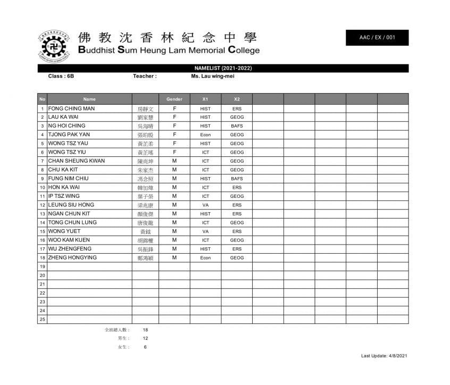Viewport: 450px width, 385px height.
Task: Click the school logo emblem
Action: tap(53, 45)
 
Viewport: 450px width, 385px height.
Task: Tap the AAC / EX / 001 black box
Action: tap(377, 38)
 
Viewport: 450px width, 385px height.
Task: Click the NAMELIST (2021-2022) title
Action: tap(223, 69)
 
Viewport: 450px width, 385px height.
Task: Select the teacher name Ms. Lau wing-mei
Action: tap(213, 76)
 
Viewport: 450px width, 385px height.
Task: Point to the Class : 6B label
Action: tap(61, 76)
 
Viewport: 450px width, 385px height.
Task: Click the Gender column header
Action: tap(174, 99)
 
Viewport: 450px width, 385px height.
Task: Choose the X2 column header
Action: tap(237, 99)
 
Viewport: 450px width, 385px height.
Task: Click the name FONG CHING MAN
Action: tap(71, 108)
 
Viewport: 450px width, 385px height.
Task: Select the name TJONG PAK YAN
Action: tap(69, 135)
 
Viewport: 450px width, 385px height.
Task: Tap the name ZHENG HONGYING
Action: tap(72, 257)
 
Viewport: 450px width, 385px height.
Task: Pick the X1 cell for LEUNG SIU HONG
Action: tap(205, 205)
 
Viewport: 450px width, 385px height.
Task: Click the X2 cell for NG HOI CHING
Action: tap(237, 126)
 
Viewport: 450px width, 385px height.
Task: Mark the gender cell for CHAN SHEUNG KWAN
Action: tap(174, 161)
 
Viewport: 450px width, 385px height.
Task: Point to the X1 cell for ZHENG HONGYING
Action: tap(205, 258)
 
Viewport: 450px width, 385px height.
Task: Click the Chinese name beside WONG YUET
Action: tap(145, 232)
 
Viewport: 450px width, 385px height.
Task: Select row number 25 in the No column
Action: tap(43, 319)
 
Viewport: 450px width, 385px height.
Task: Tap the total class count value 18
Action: tap(145, 330)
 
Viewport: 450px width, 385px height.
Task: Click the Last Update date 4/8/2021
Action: tap(397, 356)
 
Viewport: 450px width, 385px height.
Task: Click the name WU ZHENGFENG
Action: tap(70, 249)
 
